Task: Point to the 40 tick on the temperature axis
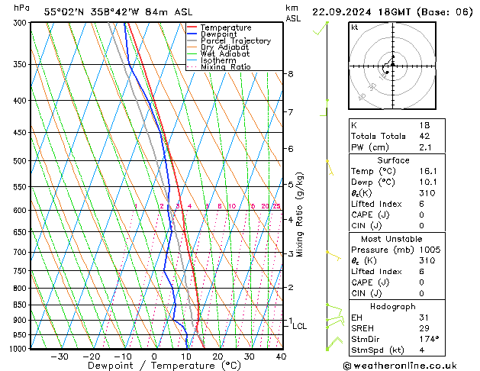point(281,356)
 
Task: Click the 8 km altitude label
point(291,74)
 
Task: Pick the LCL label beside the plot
point(300,327)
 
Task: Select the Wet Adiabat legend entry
point(224,54)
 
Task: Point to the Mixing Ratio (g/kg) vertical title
point(300,215)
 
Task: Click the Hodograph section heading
point(393,305)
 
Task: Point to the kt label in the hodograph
point(355,27)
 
